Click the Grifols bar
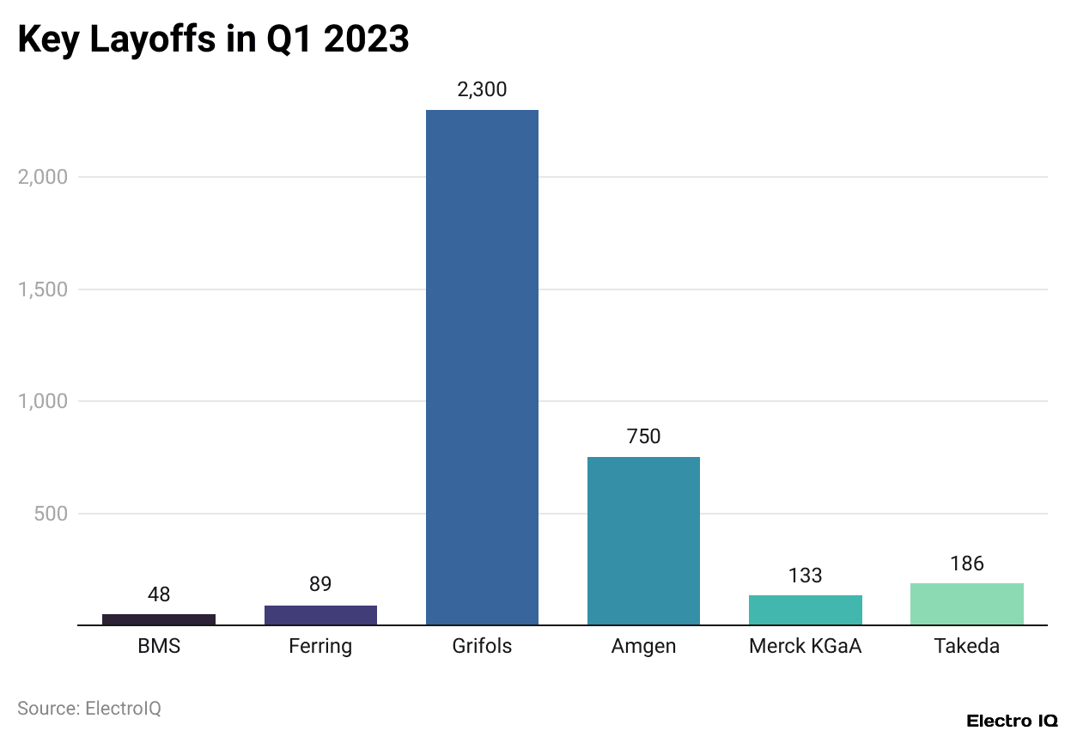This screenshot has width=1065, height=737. coord(482,367)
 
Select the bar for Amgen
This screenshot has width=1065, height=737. coord(643,540)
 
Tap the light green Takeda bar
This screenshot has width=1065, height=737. coord(966,604)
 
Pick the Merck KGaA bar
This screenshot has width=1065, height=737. coord(805,610)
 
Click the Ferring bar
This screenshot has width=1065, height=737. coord(320,615)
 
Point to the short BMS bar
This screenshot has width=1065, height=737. coord(159,619)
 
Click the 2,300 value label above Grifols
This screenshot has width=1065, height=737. coord(482,89)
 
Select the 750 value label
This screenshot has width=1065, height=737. coord(643,436)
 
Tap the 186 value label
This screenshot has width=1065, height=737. coord(966,563)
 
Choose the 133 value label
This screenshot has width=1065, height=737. coord(805,576)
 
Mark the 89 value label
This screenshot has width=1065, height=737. coord(320,585)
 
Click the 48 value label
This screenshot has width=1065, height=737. coord(159,594)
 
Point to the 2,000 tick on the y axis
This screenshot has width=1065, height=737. coord(42,177)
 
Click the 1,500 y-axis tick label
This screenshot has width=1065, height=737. coord(42,289)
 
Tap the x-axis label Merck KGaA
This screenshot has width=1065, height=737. coord(805,646)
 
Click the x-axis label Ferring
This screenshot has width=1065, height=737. coord(320,646)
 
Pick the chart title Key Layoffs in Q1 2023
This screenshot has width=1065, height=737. coord(213,40)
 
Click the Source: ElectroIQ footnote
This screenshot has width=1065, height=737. coord(89,709)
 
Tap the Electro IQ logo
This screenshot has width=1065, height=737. coord(1011,721)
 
